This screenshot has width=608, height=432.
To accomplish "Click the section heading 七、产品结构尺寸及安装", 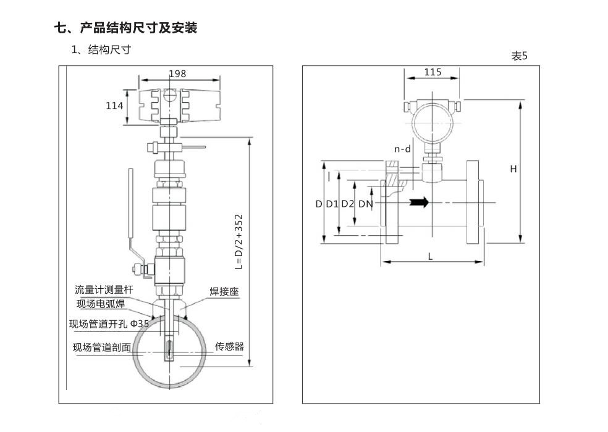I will point(126,28).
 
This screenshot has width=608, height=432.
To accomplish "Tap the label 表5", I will point(519,56).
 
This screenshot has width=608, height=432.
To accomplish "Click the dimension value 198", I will point(177,73).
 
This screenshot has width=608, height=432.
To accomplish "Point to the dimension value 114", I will point(114,106).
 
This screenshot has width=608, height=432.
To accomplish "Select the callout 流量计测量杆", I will point(104,289).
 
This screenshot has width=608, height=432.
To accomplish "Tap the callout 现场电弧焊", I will point(101,303).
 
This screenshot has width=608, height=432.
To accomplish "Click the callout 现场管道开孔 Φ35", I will point(109,324).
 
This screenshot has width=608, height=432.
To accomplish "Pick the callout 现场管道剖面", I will point(102,347).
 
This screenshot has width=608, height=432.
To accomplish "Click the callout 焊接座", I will point(224,292).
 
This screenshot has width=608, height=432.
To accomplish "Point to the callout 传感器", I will point(229,346).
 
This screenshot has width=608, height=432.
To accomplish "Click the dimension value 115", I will point(433,72).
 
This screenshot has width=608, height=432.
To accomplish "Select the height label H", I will point(513,169).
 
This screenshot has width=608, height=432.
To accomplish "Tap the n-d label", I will point(403,149).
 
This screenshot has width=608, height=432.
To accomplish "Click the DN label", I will point(365,204).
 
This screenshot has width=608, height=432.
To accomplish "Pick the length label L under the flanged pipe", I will point(431,256).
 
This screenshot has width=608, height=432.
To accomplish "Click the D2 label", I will point(348,204).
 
